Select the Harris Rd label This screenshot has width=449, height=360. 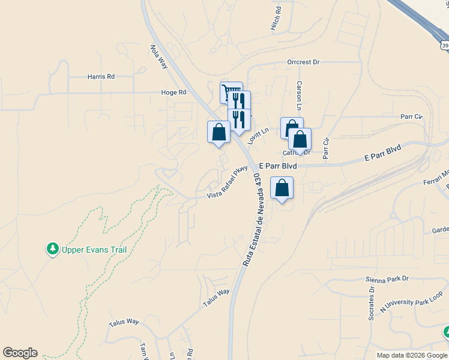click(x=101, y=77)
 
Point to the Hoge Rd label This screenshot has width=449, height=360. click(x=173, y=92)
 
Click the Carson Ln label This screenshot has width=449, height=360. click(x=299, y=96)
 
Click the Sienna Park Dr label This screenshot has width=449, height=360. click(x=387, y=279)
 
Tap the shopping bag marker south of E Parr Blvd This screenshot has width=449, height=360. click(x=282, y=188)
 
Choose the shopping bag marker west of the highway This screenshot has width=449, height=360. click(x=218, y=132)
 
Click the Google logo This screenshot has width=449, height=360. click(x=20, y=353)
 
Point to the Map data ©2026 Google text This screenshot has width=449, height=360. click(x=412, y=355)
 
